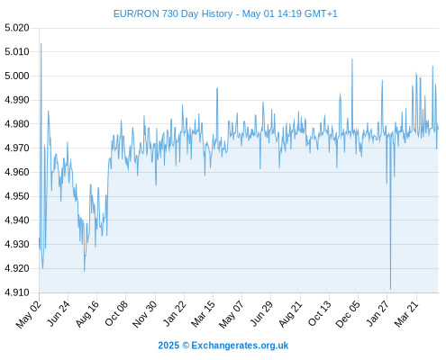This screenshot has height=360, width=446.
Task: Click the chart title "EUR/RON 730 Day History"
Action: pos(173,13)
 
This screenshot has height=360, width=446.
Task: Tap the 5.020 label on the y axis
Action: pos(17,28)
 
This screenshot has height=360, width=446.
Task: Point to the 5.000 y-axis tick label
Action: pos(17,76)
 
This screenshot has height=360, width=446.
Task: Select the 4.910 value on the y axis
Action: pos(17,292)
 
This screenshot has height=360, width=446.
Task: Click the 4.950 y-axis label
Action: pos(17,196)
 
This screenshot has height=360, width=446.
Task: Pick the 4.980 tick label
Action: pos(17,124)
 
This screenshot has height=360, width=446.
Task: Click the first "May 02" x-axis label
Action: pos(29,314)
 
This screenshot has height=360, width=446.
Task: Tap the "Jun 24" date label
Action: pos(59,314)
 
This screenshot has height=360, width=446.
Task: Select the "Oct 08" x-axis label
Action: pos(116,314)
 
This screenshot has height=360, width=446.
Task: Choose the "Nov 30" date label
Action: pos(144,314)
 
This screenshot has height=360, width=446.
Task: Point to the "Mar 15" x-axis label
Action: pos(203,314)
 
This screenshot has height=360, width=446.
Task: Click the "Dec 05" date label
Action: pos(347,314)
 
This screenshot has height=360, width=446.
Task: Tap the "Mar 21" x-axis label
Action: pos(406,314)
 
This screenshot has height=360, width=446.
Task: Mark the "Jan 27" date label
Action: pos(378,314)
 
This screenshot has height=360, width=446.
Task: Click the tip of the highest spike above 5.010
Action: pos(41,43)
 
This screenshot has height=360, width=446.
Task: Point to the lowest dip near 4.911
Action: pos(390,289)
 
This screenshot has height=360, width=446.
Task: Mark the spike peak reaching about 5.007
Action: pos(352,59)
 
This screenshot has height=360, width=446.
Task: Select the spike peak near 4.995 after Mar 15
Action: pos(217,88)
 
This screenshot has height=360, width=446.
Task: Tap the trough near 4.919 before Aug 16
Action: pos(85,271)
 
